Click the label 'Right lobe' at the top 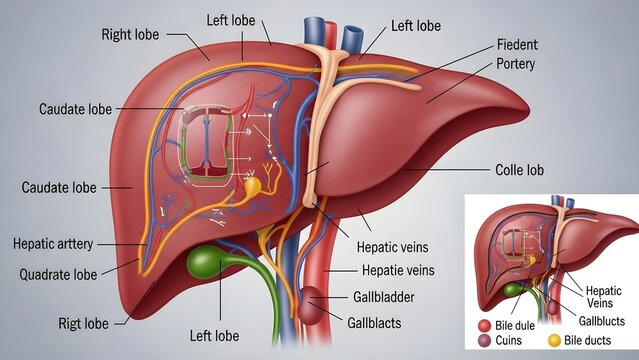[131, 34]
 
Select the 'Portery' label [516, 64]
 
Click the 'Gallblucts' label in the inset [602, 321]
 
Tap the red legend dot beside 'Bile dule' [485, 326]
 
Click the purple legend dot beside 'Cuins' [485, 342]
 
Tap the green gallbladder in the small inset [513, 289]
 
